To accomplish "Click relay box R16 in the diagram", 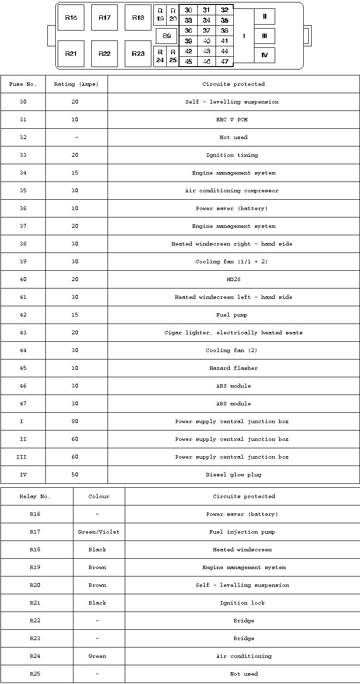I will pos(71,18).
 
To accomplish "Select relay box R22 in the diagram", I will pos(105,54).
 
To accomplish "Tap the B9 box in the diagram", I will pos(167,36).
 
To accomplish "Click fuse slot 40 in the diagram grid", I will pos(207,41).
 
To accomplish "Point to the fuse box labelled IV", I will pos(265,55).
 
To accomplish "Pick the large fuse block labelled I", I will pos(244,36).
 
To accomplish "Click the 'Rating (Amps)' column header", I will pos(76,84).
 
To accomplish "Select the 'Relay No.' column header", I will pos(35,497).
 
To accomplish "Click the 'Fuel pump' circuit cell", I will pos(232,315).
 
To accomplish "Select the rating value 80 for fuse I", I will pos(75,422).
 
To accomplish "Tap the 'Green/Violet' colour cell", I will pos(99,532).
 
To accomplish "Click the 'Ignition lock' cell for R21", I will pos(242,603).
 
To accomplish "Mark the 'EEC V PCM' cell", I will pos(232,120).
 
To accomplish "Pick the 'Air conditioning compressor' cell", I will pos(232,191).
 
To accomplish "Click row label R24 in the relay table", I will pos(35,656).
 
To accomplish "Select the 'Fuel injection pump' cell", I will pos(242,532).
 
